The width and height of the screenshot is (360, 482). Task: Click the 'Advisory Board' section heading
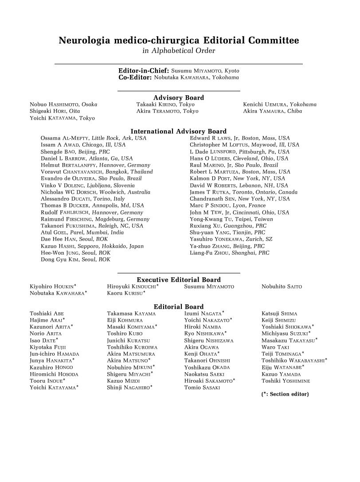click(179, 97)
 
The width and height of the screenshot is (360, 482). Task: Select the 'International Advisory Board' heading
click(179, 131)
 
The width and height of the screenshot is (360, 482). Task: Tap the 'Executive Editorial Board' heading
click(179, 280)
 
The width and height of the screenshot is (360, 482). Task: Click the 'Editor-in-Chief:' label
click(144, 70)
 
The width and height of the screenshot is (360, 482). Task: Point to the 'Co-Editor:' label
click(135, 77)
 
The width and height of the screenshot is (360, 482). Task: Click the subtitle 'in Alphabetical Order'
click(179, 51)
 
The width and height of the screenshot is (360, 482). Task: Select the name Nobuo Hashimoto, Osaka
click(63, 105)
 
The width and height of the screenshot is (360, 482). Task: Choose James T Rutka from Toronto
click(243, 192)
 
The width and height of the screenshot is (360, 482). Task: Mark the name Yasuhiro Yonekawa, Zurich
click(231, 239)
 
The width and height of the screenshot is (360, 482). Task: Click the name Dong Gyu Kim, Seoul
click(75, 260)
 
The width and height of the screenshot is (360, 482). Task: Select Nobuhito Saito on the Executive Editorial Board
click(282, 287)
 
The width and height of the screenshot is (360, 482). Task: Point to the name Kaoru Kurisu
click(126, 293)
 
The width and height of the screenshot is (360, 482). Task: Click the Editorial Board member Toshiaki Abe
click(47, 314)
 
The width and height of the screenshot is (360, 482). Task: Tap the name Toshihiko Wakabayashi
click(294, 361)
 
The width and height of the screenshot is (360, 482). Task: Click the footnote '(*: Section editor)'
click(285, 394)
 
